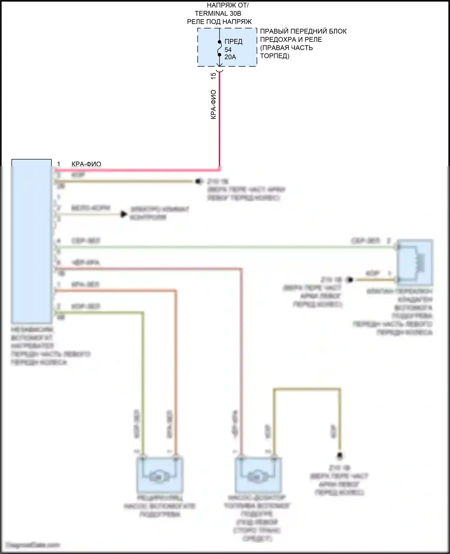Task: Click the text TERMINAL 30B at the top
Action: click(x=218, y=14)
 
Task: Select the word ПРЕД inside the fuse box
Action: click(x=233, y=42)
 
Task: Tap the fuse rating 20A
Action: click(x=230, y=57)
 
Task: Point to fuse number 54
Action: click(x=228, y=50)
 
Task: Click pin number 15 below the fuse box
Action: click(x=213, y=76)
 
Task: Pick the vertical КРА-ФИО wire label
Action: click(x=213, y=104)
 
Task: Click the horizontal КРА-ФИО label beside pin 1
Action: click(x=86, y=164)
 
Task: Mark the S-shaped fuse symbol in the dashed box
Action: click(x=220, y=48)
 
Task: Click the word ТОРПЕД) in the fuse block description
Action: click(x=274, y=56)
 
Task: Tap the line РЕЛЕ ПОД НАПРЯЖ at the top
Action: click(x=219, y=22)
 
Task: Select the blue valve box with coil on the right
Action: click(x=415, y=262)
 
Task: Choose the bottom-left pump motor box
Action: click(x=160, y=475)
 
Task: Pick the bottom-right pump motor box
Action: click(x=258, y=475)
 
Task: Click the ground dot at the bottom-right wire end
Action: click(x=340, y=456)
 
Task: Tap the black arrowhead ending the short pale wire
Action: click(x=123, y=214)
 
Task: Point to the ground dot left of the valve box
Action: click(x=349, y=280)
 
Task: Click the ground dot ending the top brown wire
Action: click(x=198, y=181)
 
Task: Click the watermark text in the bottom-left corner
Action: click(x=33, y=545)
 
